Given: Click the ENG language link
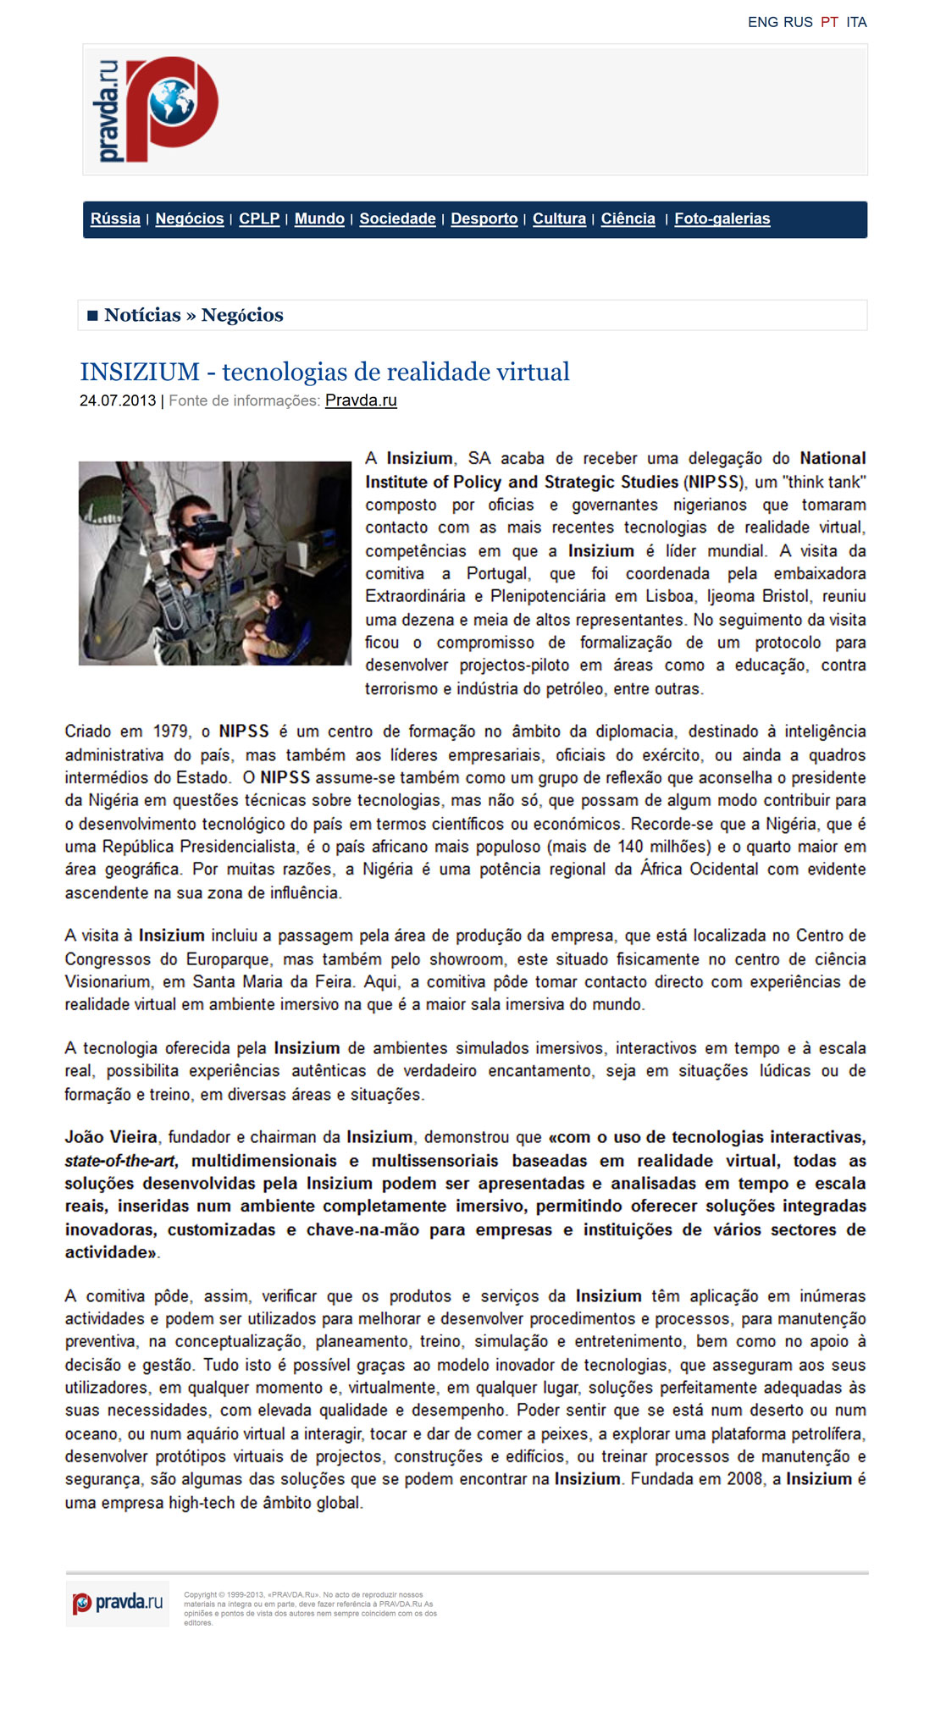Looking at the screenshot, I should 762,22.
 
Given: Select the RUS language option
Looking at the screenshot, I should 798,22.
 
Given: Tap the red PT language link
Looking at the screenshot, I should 829,22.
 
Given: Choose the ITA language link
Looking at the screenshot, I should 856,22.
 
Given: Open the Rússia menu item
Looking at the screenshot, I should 115,218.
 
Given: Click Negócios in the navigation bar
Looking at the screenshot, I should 190,218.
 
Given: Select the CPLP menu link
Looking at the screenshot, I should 259,218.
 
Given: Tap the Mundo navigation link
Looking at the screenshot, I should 319,218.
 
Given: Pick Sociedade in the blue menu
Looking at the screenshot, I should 397,218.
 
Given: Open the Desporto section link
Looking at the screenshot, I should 484,218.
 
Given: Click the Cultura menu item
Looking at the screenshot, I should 559,218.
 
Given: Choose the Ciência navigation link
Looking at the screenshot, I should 628,218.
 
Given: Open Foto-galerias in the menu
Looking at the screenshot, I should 722,218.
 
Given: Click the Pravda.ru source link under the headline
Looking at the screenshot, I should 361,400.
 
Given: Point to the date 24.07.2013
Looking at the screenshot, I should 118,400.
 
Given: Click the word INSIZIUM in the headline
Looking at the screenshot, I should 140,372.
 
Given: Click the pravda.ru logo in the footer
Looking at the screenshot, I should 118,1603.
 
